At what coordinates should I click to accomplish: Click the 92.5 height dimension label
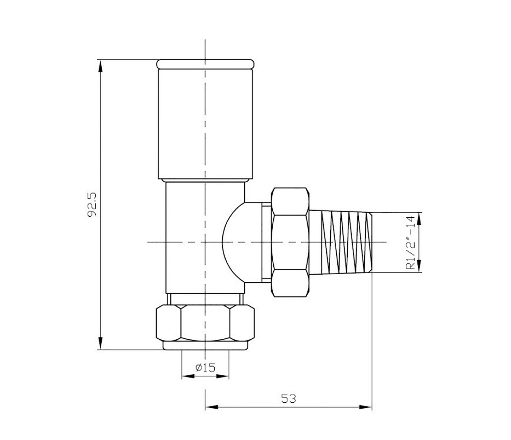(x=92, y=205)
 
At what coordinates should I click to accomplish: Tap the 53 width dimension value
(x=288, y=399)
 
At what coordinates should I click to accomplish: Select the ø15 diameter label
(x=205, y=368)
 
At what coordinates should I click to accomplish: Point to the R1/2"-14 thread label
(x=410, y=243)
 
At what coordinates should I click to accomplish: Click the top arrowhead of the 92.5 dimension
(x=100, y=66)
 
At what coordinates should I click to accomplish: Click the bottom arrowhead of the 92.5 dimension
(x=100, y=344)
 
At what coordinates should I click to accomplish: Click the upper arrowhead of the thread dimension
(x=419, y=218)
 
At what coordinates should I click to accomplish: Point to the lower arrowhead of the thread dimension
(x=419, y=266)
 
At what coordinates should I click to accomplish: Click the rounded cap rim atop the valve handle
(x=205, y=64)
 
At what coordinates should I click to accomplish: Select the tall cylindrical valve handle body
(x=205, y=123)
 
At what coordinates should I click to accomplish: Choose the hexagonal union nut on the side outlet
(x=290, y=242)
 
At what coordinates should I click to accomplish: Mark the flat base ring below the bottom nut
(x=205, y=345)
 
